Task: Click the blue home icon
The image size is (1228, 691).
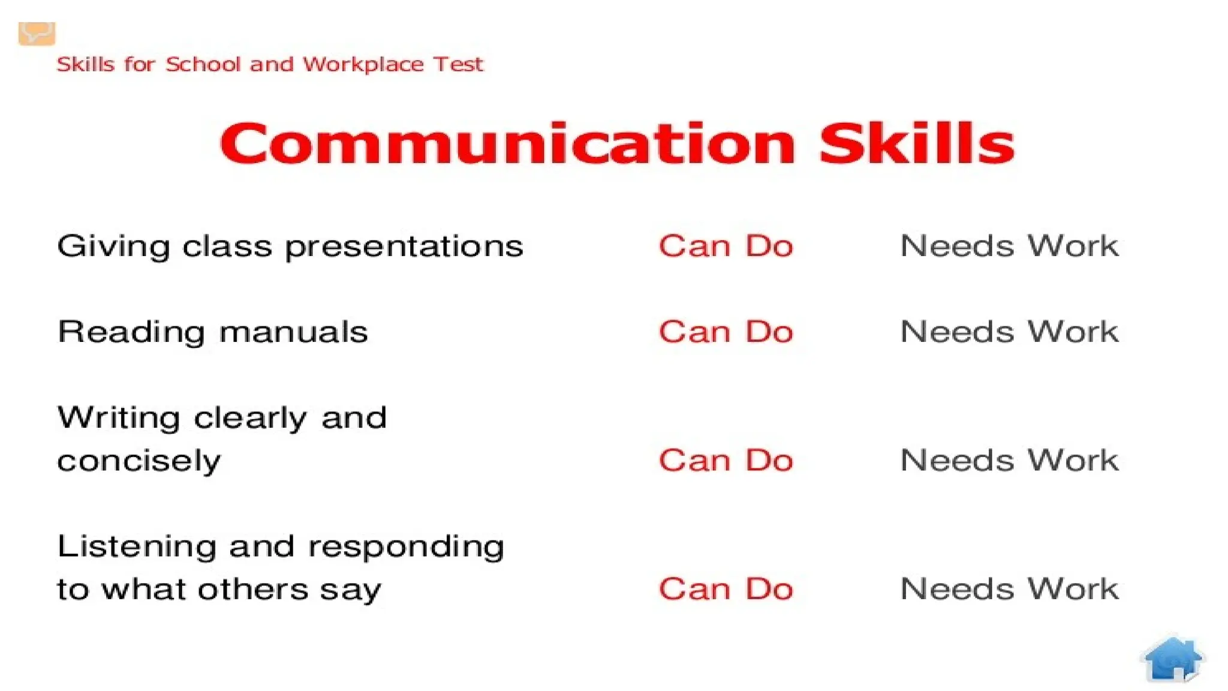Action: click(x=1173, y=659)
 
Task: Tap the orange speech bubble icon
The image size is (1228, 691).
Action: click(x=37, y=33)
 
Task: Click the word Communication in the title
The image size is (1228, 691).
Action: click(x=507, y=143)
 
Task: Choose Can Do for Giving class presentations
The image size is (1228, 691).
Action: click(x=726, y=246)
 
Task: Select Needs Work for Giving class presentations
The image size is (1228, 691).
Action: click(x=1009, y=246)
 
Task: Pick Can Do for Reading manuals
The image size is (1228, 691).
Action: click(x=726, y=332)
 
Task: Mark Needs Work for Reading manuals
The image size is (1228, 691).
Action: click(x=1009, y=332)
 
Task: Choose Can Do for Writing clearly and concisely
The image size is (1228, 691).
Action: click(x=726, y=461)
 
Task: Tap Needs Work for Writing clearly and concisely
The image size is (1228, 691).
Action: click(x=1009, y=461)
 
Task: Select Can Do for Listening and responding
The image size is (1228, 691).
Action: click(x=726, y=589)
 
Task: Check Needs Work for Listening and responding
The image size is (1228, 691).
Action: click(x=1009, y=589)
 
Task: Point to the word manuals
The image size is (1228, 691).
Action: click(x=293, y=332)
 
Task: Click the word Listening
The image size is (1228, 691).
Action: click(x=137, y=547)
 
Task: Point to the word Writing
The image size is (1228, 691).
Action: click(x=119, y=418)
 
